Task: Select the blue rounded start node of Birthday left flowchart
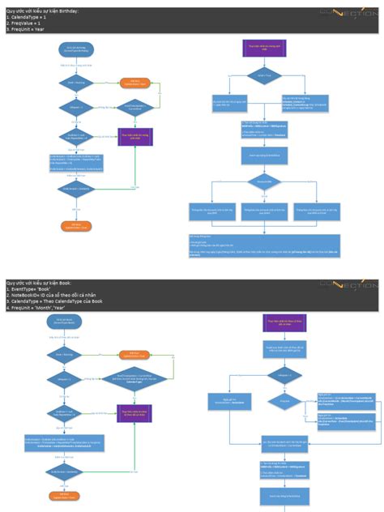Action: click(x=76, y=49)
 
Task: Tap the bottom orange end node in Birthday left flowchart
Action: click(x=76, y=225)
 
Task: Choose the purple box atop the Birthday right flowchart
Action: click(x=258, y=48)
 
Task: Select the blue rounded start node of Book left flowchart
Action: click(x=76, y=322)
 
